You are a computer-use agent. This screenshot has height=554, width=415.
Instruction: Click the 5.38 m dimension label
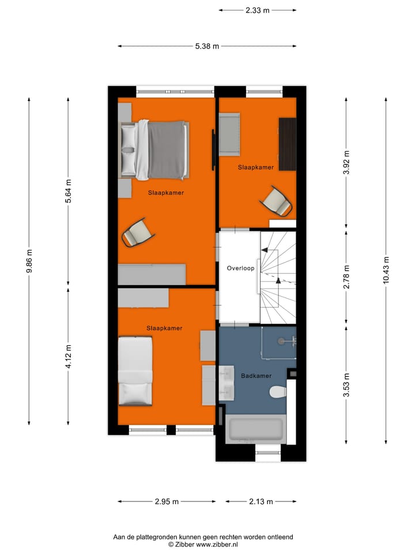[207, 46]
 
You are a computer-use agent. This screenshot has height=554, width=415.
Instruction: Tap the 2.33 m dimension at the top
[258, 10]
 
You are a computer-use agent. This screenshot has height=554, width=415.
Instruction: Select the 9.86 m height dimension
[29, 261]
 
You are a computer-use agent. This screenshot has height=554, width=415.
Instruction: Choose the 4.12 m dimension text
[68, 355]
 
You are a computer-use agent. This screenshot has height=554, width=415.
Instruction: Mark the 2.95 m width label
[167, 501]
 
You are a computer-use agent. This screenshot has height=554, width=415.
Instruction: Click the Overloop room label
[240, 268]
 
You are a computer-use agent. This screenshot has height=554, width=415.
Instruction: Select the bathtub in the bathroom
[255, 430]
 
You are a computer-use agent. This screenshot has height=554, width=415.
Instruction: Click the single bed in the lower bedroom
[135, 371]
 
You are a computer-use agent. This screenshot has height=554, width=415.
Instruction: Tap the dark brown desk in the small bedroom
[287, 144]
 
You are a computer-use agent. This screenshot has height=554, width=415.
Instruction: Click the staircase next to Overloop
[278, 277]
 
